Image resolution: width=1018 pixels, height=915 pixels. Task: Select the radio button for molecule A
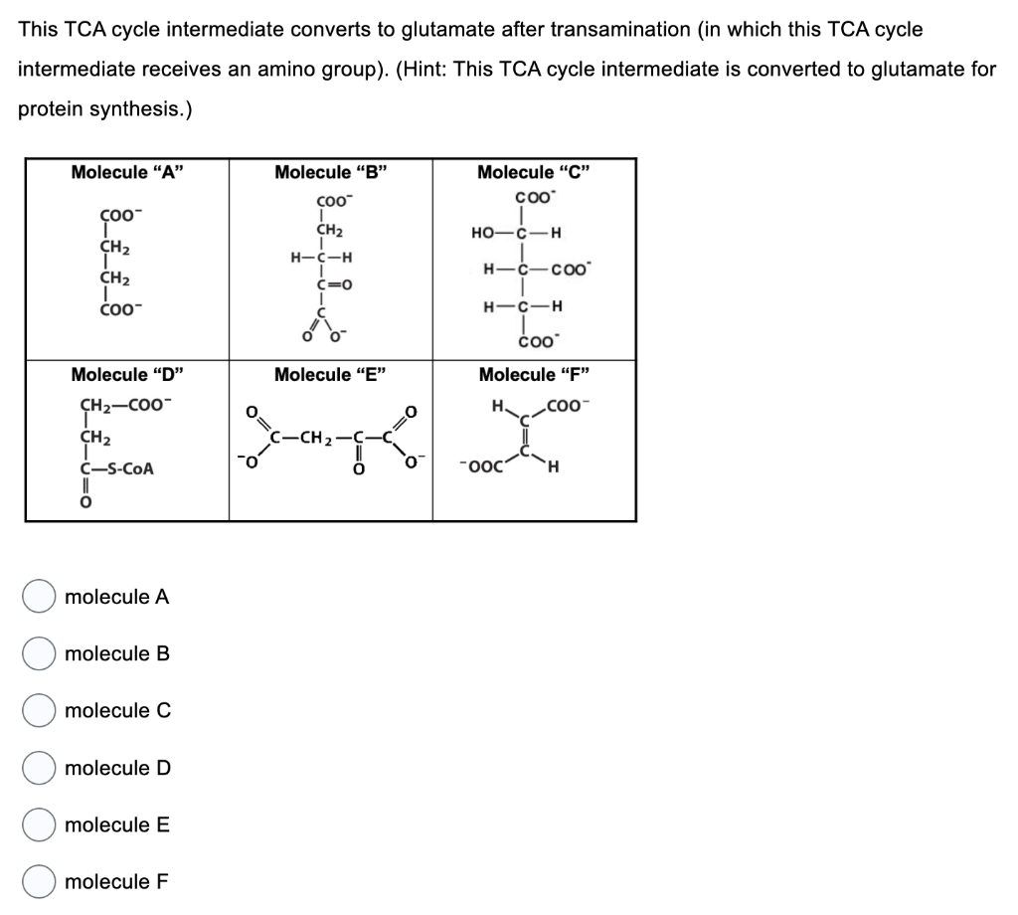coord(40,597)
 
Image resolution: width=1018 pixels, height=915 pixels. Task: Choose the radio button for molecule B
coord(40,653)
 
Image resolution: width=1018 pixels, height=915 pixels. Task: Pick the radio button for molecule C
coord(40,711)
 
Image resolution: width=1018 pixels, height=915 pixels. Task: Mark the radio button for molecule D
coord(40,768)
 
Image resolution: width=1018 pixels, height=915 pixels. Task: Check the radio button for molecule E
coord(40,825)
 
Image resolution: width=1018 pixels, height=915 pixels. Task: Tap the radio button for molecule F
coord(40,882)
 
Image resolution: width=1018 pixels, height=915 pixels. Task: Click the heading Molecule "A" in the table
coord(127,172)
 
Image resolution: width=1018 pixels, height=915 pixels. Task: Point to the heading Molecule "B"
coord(330,172)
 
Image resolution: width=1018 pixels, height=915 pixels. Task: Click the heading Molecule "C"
coord(534,172)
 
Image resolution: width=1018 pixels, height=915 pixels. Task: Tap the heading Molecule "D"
coord(127,375)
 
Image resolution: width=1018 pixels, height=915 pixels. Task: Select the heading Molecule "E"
coord(330,375)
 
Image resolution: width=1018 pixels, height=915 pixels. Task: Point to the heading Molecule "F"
coord(534,375)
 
